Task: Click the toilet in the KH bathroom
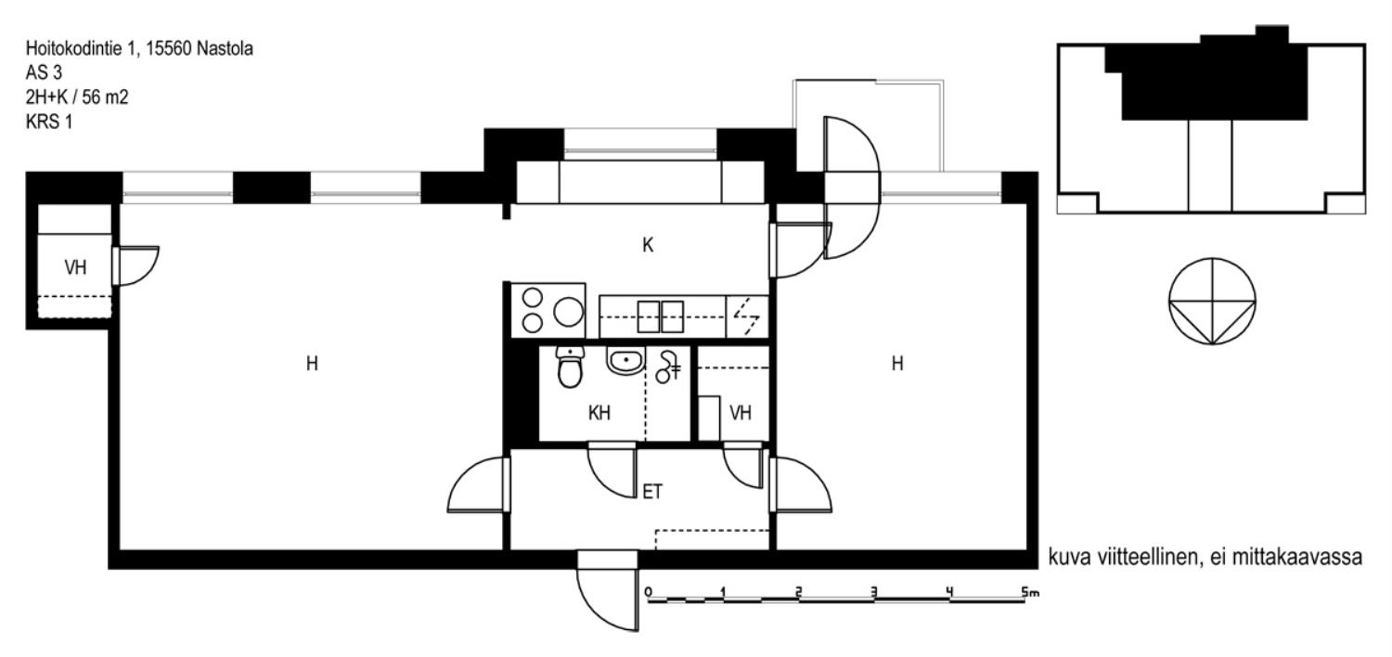pos(569,367)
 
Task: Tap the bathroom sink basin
pos(625,360)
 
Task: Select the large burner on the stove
pos(568,312)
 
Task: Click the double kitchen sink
pos(660,317)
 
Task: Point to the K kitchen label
pos(648,246)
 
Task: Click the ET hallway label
pos(651,492)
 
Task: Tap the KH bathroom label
pos(599,413)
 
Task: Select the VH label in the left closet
pos(75,268)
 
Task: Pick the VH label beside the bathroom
pos(741,413)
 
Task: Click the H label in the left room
pos(312,364)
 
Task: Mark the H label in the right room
pos(896,364)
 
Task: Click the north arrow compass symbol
pos(1212,302)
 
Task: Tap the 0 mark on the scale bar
pos(648,592)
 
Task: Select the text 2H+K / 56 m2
pos(77,97)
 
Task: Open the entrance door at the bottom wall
pos(608,590)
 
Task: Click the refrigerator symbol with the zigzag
pos(747,317)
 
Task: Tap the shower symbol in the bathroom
pos(668,367)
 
